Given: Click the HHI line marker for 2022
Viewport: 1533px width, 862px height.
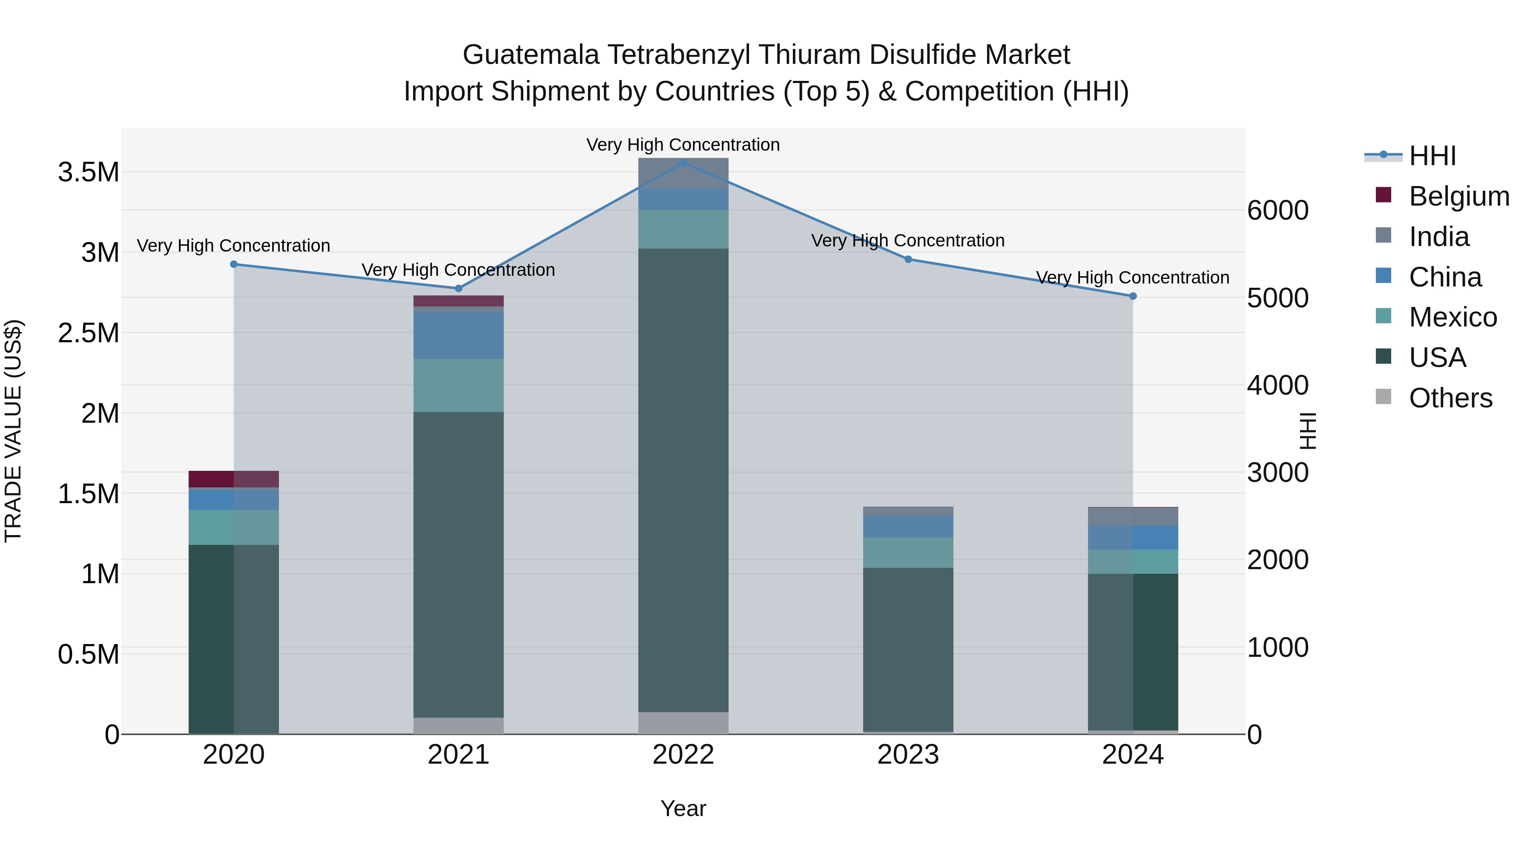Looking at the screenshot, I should pos(683,163).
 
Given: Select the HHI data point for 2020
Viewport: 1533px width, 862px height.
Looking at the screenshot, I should pos(234,264).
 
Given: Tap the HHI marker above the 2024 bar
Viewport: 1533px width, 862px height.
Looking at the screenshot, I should pos(1132,296).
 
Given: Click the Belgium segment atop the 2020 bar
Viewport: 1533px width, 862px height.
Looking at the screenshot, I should pos(234,479).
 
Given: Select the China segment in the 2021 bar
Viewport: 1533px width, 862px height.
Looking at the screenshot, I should pos(458,335).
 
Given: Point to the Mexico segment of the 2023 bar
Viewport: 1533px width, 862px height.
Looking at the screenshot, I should pos(908,552).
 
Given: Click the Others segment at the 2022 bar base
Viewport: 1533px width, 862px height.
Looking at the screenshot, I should pos(683,723).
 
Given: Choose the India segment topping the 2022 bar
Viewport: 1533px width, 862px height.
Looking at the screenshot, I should pos(683,174).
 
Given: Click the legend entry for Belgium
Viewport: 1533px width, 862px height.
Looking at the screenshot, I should pos(1458,196).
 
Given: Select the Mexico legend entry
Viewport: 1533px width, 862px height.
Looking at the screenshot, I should pos(1452,317).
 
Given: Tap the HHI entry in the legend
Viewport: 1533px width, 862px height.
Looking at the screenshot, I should pos(1433,156).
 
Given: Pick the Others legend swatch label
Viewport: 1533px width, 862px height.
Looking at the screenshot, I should pos(1450,398).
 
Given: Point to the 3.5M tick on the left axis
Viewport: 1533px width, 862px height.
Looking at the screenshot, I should pos(88,172).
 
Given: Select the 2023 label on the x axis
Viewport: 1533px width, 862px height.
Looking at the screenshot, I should pos(908,755).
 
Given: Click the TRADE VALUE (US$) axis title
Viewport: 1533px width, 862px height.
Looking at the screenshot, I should pos(13,431).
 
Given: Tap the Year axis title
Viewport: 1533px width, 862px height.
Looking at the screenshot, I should pos(683,808).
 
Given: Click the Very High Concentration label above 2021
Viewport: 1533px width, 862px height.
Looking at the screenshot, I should pos(458,269).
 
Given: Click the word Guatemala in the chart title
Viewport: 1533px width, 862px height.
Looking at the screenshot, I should pos(531,55).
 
